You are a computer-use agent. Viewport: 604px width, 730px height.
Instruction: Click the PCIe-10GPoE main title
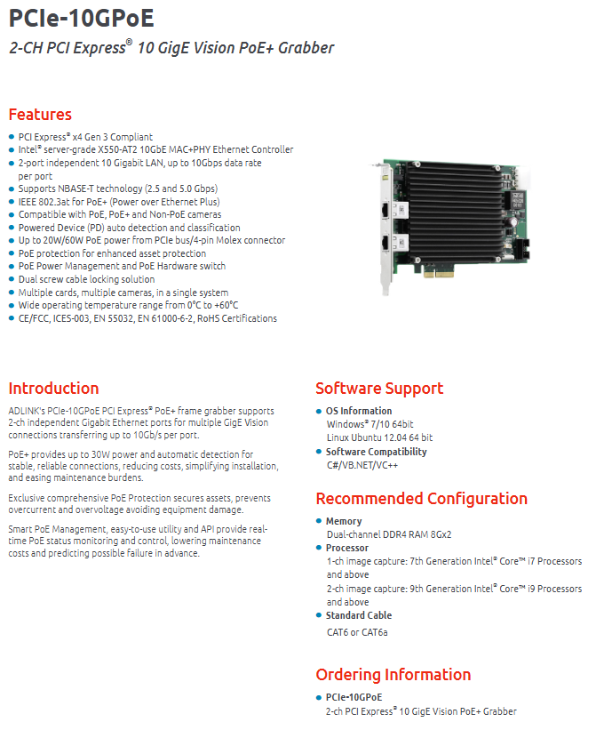pos(82,18)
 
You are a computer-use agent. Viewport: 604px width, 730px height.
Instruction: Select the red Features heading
pos(40,115)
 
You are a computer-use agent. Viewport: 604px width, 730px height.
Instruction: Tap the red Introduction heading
pos(53,389)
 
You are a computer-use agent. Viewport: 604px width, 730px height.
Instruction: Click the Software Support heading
pos(379,389)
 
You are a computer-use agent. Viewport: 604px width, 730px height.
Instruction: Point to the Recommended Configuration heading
pos(422,499)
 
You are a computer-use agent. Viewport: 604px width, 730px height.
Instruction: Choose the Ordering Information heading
pos(393,675)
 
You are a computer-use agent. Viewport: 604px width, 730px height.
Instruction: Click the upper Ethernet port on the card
pos(386,211)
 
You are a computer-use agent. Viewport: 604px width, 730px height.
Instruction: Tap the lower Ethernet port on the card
pos(386,244)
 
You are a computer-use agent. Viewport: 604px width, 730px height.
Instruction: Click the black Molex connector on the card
pos(522,249)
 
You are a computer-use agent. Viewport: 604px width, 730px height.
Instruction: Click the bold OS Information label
pos(359,411)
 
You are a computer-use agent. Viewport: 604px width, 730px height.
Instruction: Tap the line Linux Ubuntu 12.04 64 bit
pos(379,437)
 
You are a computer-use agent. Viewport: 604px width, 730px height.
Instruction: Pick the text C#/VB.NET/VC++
pos(362,465)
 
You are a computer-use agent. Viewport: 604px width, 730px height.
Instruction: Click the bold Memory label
pos(344,521)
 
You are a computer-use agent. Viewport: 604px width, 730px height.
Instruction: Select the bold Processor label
pos(347,548)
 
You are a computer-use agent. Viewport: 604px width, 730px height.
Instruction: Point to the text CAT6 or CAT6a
pos(357,632)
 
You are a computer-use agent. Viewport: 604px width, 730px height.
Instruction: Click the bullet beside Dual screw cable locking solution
pos(12,279)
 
